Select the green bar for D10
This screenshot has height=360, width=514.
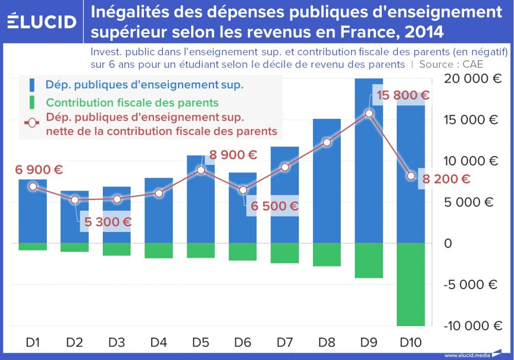click(x=411, y=284)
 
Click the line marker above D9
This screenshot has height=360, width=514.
click(x=369, y=113)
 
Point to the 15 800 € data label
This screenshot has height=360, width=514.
click(x=402, y=96)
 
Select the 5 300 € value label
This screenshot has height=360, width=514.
click(x=105, y=222)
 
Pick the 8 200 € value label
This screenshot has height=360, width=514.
click(x=446, y=179)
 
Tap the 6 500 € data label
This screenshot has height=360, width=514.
click(x=274, y=206)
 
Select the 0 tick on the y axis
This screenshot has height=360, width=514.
click(x=448, y=243)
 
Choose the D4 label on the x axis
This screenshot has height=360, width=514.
click(x=159, y=341)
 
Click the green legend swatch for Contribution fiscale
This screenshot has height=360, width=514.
click(x=32, y=102)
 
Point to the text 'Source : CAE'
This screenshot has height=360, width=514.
click(x=451, y=64)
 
